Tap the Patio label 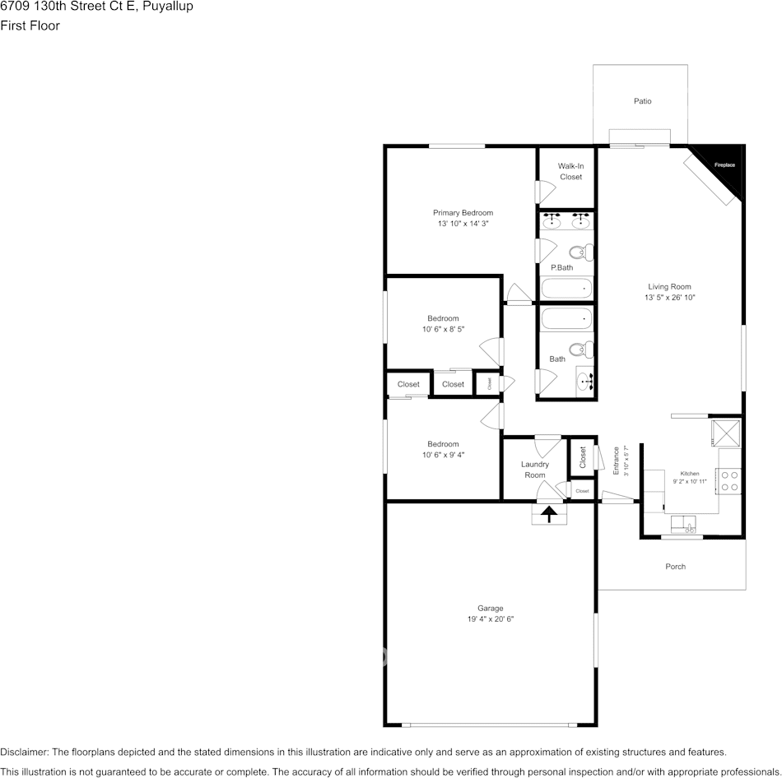pyautogui.click(x=642, y=101)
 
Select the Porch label pyautogui.click(x=675, y=567)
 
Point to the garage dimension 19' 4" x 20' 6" pyautogui.click(x=491, y=619)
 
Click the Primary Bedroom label pyautogui.click(x=463, y=213)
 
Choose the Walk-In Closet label pyautogui.click(x=570, y=171)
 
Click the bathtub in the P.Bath pyautogui.click(x=566, y=289)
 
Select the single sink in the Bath pyautogui.click(x=584, y=380)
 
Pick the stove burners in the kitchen pyautogui.click(x=728, y=480)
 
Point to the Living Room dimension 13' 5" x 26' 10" pyautogui.click(x=669, y=298)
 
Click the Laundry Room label pyautogui.click(x=534, y=470)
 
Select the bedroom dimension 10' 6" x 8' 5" pyautogui.click(x=443, y=330)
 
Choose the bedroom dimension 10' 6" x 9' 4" pyautogui.click(x=443, y=455)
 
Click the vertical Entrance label pyautogui.click(x=616, y=461)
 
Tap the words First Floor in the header pyautogui.click(x=30, y=25)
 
